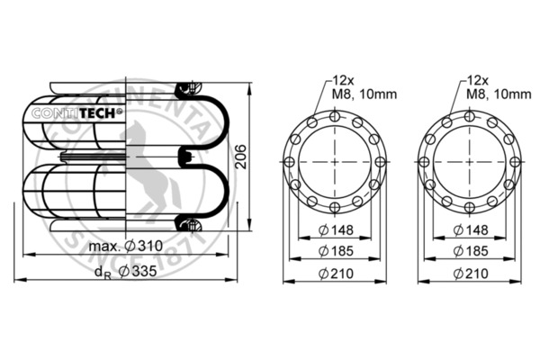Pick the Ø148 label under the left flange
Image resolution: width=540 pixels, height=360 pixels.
(336, 230)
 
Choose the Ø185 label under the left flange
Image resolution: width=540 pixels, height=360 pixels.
(336, 250)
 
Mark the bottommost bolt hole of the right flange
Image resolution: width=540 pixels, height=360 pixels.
(472, 206)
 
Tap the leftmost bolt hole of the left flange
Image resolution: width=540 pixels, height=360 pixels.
(292, 161)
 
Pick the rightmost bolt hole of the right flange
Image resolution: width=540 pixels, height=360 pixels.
(517, 161)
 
